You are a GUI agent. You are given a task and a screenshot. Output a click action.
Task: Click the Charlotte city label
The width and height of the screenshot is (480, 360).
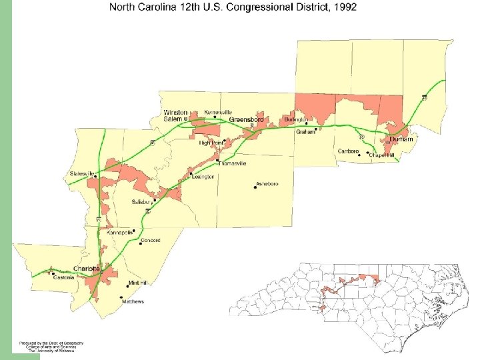[x=86, y=268]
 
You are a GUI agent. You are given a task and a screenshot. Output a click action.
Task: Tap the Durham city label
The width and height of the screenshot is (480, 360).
[x=402, y=139]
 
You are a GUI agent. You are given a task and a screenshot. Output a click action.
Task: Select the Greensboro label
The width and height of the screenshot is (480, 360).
[x=247, y=119]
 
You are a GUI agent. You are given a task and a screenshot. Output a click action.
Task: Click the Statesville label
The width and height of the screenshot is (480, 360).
[x=83, y=173]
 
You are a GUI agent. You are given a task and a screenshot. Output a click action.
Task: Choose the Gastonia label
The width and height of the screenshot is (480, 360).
[x=64, y=277]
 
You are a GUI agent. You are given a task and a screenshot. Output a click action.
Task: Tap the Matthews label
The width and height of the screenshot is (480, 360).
[x=133, y=301]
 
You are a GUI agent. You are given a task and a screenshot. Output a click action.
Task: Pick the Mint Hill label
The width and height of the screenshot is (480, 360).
[x=138, y=283]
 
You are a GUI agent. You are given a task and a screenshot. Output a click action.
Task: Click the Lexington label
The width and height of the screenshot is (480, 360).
[x=203, y=177]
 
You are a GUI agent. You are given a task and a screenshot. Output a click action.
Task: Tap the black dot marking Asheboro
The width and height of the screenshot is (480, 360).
[x=255, y=187]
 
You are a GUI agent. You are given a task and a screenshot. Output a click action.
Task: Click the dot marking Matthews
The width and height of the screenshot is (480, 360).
[x=121, y=297]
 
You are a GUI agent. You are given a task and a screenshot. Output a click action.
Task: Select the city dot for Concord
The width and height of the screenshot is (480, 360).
[x=141, y=243]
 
